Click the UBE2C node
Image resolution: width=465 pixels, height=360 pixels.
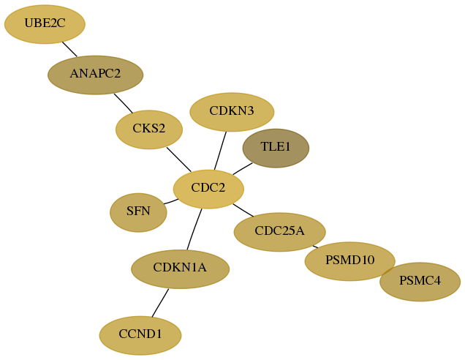pyautogui.click(x=45, y=24)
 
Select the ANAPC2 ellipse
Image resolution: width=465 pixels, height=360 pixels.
pyautogui.click(x=96, y=75)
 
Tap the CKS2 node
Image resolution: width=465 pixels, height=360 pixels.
pyautogui.click(x=149, y=130)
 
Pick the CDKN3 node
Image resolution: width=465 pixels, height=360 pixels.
pyautogui.click(x=232, y=112)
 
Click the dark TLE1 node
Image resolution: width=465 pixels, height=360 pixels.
pyautogui.click(x=276, y=148)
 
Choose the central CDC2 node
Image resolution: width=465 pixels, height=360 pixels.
pyautogui.click(x=208, y=189)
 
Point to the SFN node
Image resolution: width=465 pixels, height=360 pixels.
pyautogui.click(x=138, y=212)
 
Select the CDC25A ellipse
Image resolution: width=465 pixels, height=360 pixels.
pyautogui.click(x=279, y=232)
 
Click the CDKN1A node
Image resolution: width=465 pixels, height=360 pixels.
pyautogui.click(x=181, y=269)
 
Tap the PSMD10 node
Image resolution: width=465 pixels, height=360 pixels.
pyautogui.click(x=350, y=261)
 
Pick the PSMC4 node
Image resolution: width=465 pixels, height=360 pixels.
pyautogui.click(x=420, y=282)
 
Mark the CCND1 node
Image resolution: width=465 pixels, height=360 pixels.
pyautogui.click(x=140, y=335)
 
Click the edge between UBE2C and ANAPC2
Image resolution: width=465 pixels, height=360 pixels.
pyautogui.click(x=69, y=49)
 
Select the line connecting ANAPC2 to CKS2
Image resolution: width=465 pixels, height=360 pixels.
pyautogui.click(x=124, y=103)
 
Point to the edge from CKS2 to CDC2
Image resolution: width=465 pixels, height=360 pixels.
pyautogui.click(x=179, y=160)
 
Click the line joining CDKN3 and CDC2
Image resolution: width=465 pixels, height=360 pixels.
pyautogui.click(x=220, y=151)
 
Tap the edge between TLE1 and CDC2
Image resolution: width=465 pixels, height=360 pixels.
pyautogui.click(x=243, y=168)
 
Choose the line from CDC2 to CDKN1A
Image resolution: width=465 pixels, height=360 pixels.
pyautogui.click(x=194, y=229)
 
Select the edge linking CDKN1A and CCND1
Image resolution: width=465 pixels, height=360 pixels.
pyautogui.click(x=160, y=303)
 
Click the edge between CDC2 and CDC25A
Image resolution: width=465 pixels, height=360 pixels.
pyautogui.click(x=243, y=210)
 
